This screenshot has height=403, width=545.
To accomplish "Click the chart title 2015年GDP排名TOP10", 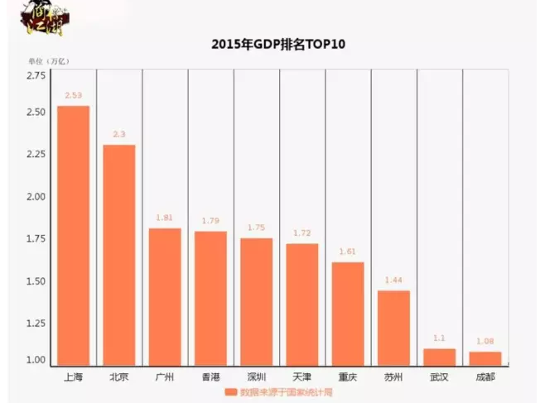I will tap(272, 44).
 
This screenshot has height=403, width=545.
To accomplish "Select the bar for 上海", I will tap(74, 236).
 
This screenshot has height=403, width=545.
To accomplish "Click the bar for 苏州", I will tap(393, 327).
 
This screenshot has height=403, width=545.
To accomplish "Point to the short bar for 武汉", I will tap(439, 356).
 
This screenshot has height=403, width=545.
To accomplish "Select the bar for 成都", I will tap(485, 357).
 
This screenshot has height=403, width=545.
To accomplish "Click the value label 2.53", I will tap(74, 96).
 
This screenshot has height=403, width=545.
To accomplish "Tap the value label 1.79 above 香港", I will tap(210, 221).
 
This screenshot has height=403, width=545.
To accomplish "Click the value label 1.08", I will tap(485, 342).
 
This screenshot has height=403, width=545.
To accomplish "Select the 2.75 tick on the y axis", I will tap(36, 76).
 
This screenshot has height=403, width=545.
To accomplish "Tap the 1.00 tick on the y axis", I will tap(36, 360).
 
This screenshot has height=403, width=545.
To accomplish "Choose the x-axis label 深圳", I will tap(257, 377).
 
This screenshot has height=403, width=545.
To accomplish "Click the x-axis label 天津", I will tap(302, 377).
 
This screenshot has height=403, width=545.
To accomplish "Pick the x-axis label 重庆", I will tap(348, 377).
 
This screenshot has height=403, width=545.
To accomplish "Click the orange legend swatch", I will tap(232, 392).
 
